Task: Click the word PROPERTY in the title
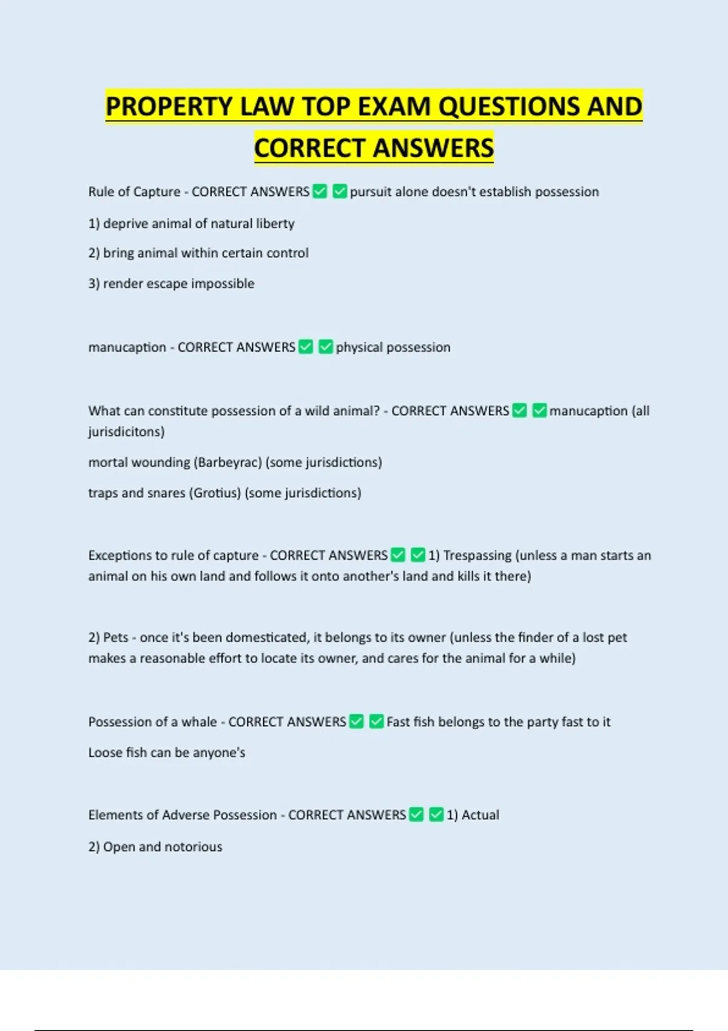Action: point(169,107)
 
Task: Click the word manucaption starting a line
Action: point(127,348)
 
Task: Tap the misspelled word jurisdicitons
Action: point(126,432)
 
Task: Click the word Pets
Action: point(116,637)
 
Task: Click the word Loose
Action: point(106,753)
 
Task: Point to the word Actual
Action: point(480,815)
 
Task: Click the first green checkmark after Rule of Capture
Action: point(320,192)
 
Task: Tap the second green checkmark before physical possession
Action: point(325,347)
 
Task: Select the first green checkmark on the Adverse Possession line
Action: point(416,814)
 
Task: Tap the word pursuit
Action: point(370,192)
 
